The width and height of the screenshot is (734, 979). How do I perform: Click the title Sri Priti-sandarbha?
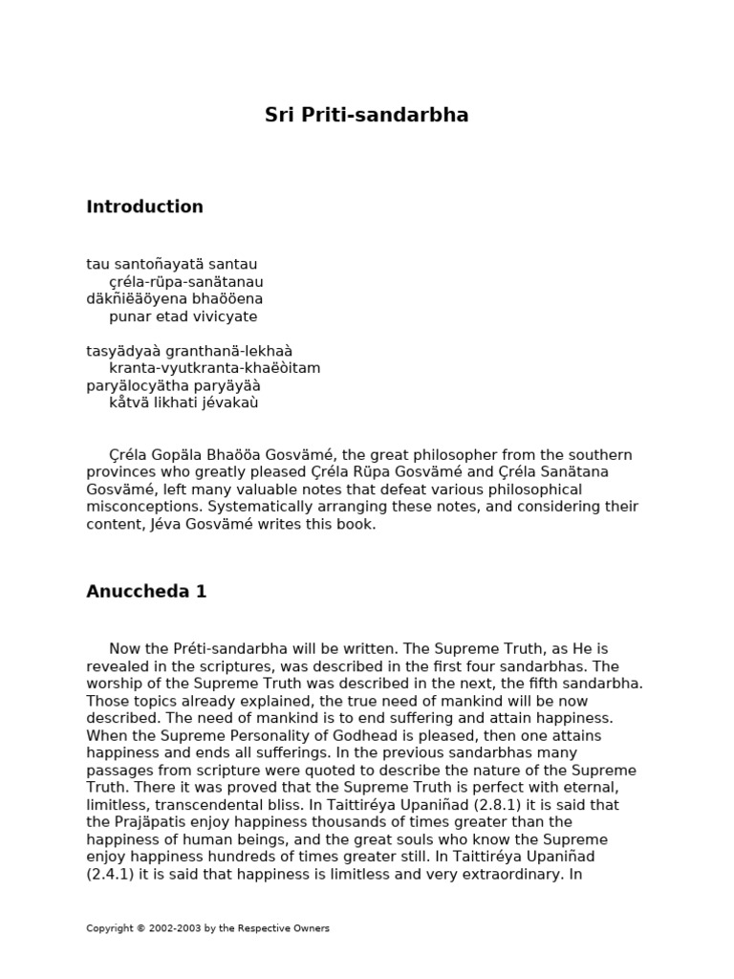(x=366, y=116)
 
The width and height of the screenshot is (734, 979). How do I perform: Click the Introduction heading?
(x=144, y=207)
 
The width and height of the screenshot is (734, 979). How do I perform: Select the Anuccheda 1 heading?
(x=146, y=592)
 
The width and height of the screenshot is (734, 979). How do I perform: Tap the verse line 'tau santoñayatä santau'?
(x=171, y=264)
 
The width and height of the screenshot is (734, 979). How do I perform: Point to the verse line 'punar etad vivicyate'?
(x=183, y=316)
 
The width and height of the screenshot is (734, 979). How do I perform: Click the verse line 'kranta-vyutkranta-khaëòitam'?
(x=214, y=368)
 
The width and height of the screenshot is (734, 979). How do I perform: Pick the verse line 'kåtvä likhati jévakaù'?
(x=183, y=402)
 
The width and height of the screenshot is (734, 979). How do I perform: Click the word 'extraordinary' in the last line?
(x=504, y=874)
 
